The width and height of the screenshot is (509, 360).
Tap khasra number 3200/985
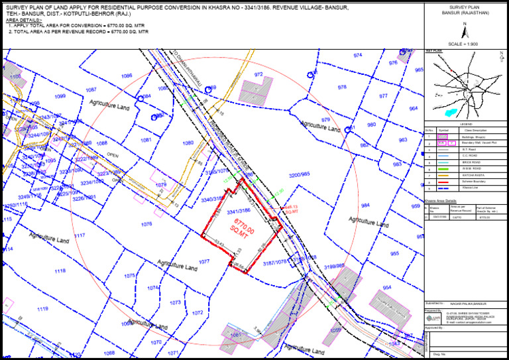point(299,175)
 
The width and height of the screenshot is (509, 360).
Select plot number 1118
point(60,271)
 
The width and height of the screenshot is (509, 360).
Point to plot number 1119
point(42,309)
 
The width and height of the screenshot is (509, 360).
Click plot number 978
point(342,88)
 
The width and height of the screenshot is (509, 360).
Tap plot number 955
point(394,253)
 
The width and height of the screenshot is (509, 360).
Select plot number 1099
point(60,97)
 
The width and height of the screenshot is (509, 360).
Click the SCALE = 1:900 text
point(463,44)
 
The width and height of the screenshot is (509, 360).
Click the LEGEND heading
point(465,125)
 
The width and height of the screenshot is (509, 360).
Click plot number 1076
point(146,224)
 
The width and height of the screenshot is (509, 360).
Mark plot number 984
point(365,206)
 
